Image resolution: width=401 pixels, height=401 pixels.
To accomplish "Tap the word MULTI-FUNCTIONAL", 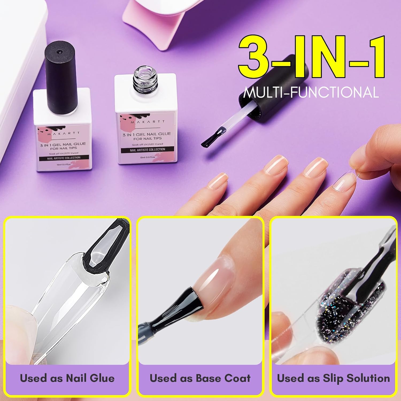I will click(311, 92).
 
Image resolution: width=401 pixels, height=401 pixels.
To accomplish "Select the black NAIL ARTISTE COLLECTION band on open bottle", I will click(148, 150).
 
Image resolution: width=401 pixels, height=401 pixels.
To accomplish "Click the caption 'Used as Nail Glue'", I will click(67, 378).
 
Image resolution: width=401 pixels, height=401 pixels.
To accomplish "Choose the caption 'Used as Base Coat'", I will click(200, 378).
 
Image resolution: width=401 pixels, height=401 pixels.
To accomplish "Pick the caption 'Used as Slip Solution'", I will click(333, 378).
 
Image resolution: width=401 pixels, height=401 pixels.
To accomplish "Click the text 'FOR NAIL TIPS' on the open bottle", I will click(148, 138).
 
